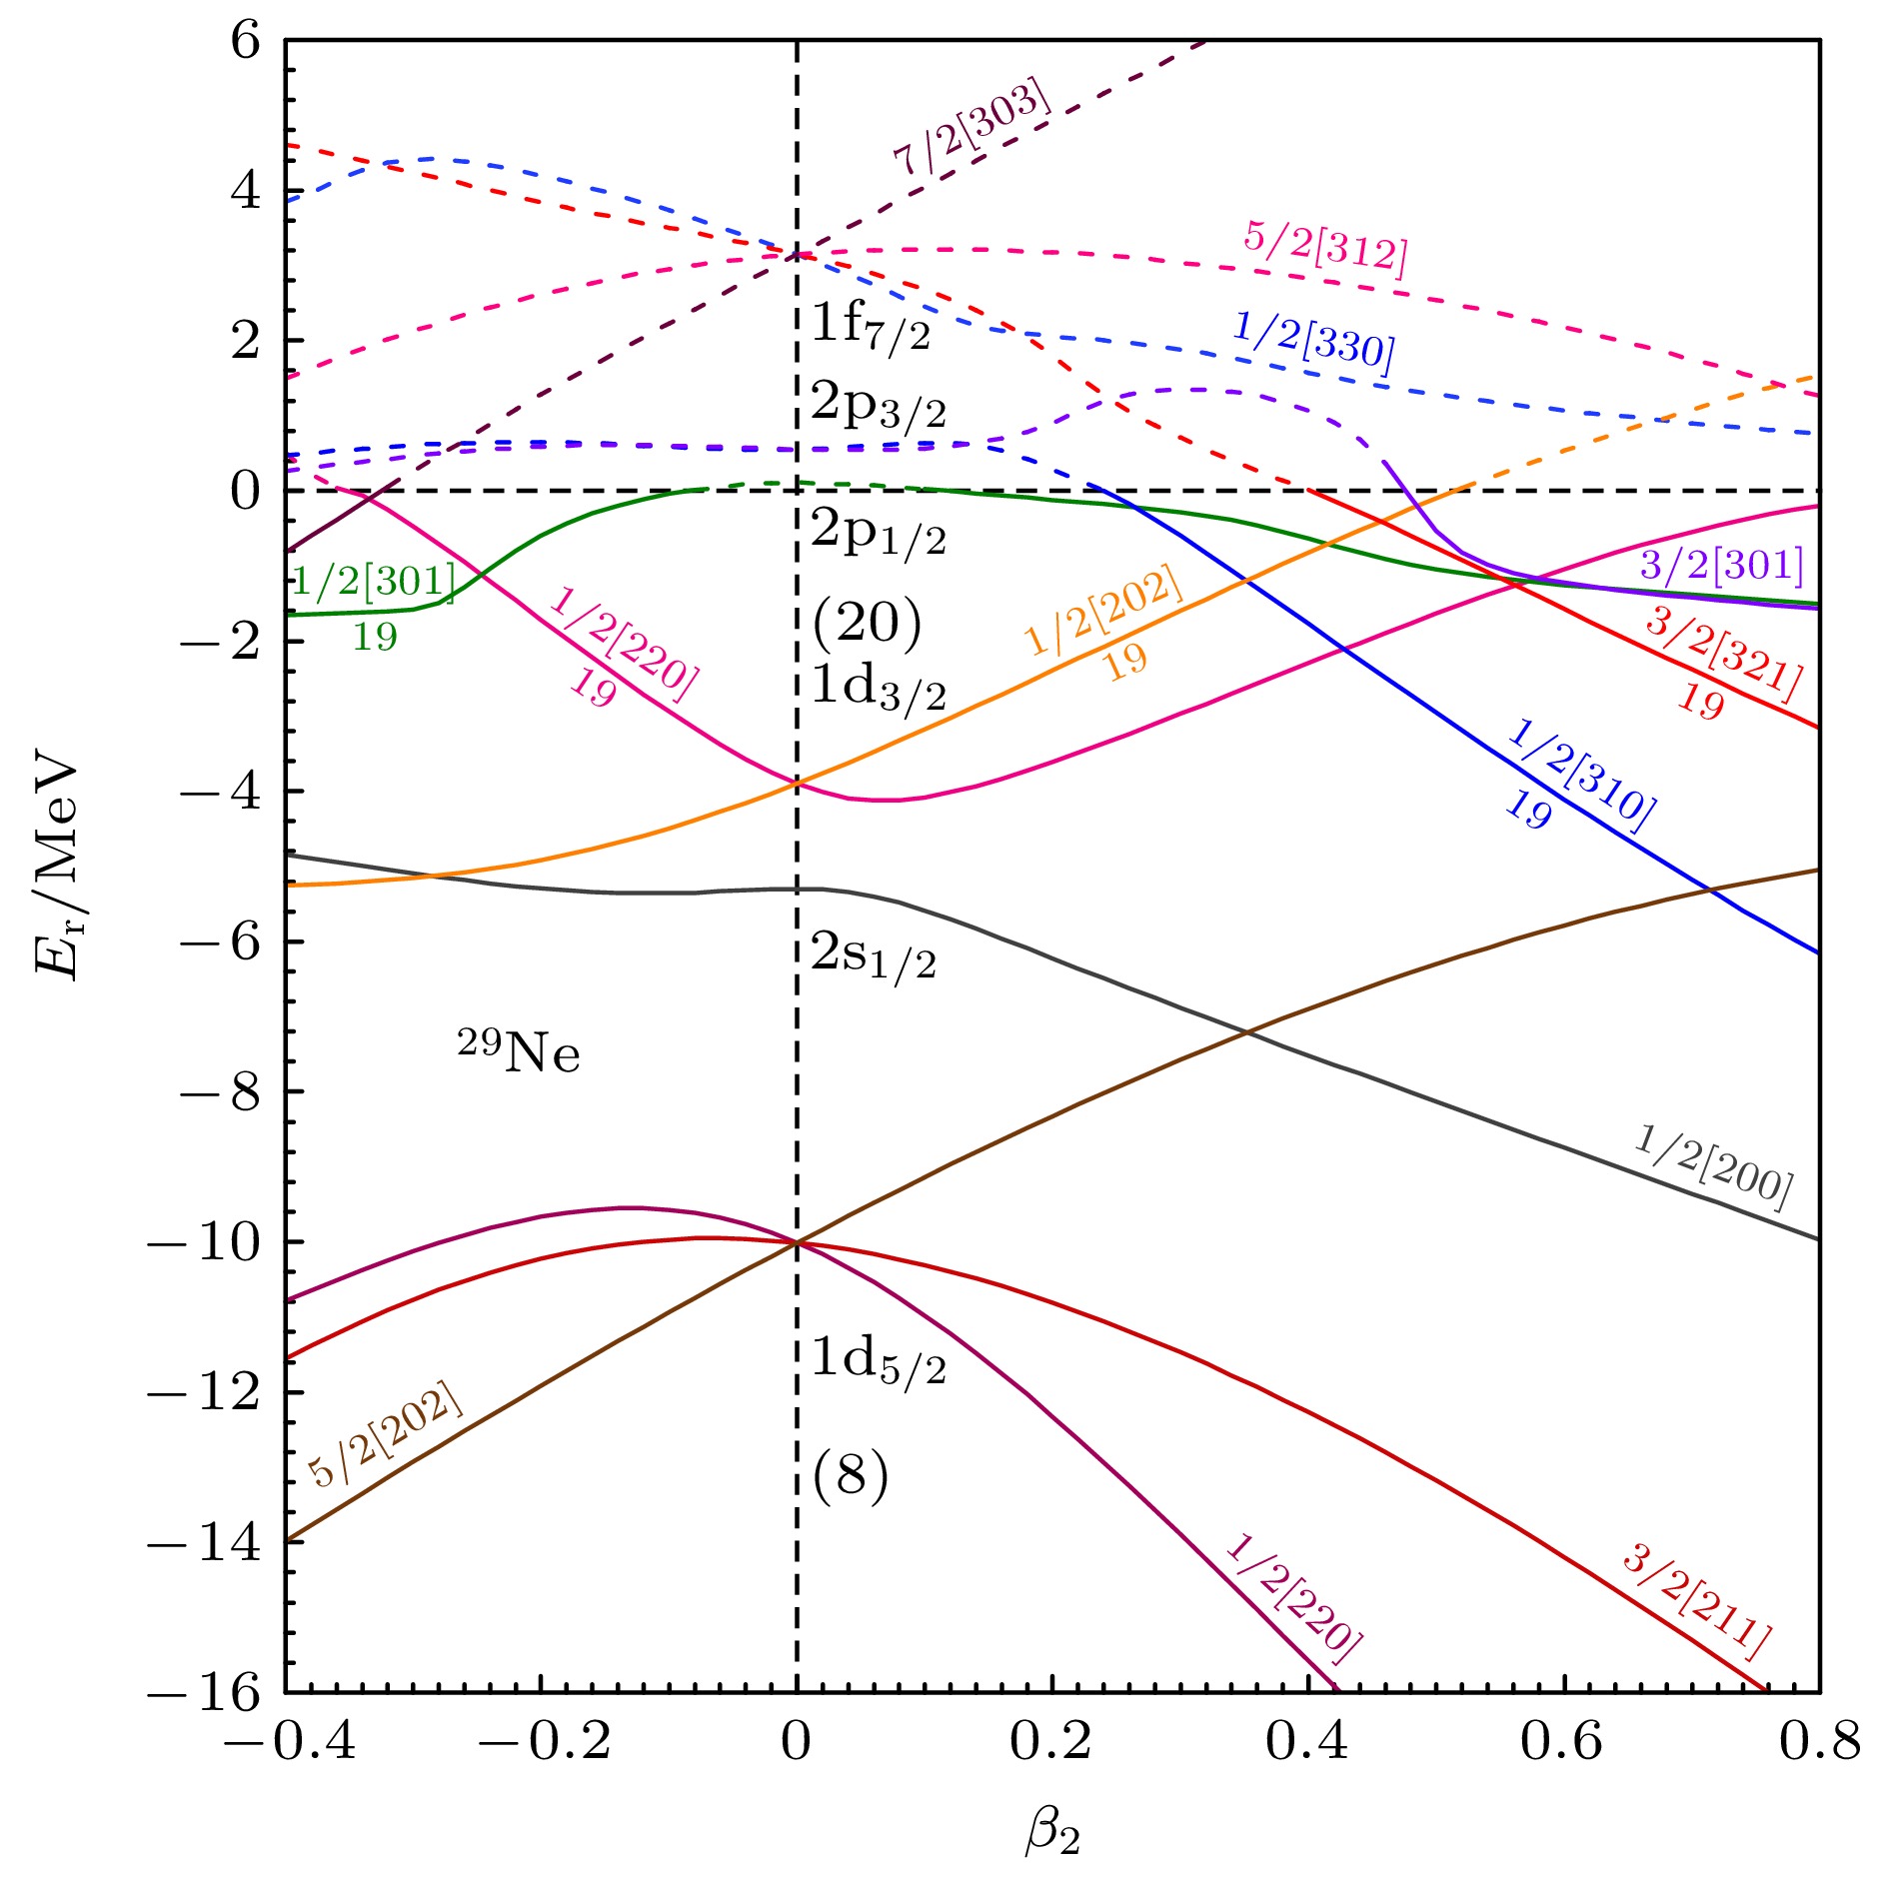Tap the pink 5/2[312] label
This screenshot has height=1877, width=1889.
[x=1325, y=246]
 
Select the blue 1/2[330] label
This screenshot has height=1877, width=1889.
[x=1313, y=341]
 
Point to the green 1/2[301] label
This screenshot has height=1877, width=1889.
[x=374, y=580]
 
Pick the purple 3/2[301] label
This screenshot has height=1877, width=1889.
[x=1721, y=566]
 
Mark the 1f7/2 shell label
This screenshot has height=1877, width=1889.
[x=870, y=325]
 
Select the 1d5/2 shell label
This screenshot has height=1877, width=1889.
[x=878, y=1358]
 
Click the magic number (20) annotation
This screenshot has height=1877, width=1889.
[x=867, y=623]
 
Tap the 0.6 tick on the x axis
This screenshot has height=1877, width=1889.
[x=1561, y=1740]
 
